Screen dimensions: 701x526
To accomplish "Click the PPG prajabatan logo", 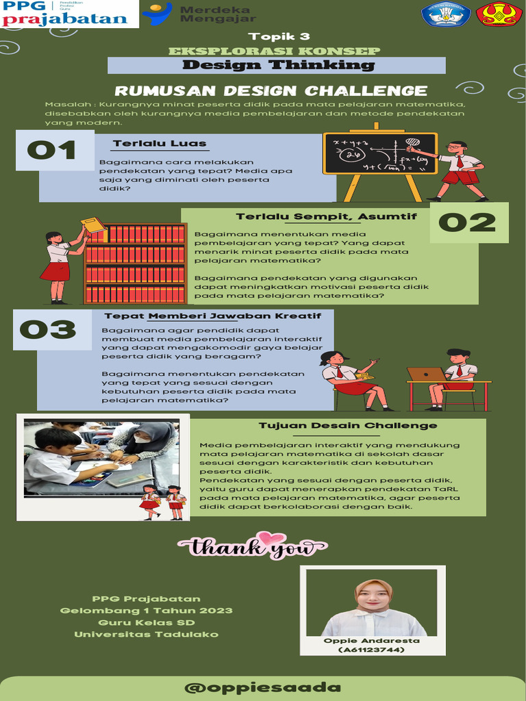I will tap(68, 13).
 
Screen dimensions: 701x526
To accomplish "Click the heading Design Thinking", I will tap(277, 65).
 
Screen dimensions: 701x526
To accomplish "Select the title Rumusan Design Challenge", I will tap(271, 91).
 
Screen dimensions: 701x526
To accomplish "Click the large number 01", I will tap(53, 149).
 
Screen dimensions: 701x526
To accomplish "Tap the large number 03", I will tap(47, 330).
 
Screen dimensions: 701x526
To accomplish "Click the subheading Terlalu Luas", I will tap(159, 143).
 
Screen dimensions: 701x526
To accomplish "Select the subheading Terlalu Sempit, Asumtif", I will tap(326, 216).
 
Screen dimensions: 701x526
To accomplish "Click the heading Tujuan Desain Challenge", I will tap(347, 425).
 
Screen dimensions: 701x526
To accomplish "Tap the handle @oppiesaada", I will tap(263, 687).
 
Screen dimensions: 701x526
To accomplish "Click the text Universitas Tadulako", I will tap(146, 634).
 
